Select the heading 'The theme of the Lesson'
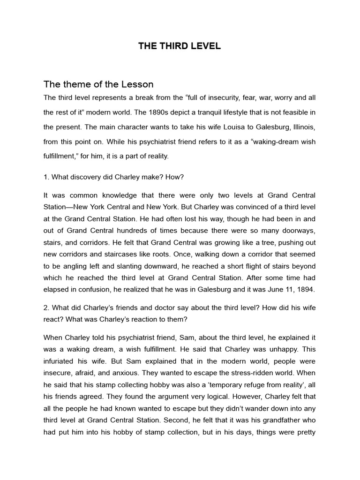[x=98, y=84]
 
